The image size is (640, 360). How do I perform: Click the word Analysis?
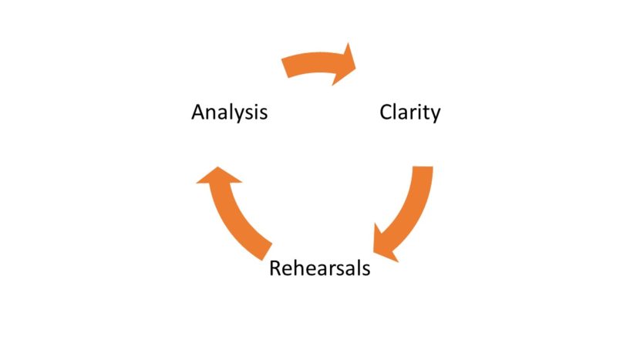[229, 113]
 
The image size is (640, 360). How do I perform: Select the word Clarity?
[409, 113]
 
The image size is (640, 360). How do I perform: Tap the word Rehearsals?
[319, 268]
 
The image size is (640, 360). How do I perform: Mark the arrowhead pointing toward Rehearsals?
[384, 244]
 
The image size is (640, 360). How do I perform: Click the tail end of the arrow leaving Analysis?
[288, 67]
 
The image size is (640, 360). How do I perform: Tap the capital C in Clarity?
[386, 113]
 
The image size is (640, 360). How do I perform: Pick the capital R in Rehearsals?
[275, 268]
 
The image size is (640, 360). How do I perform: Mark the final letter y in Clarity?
[435, 115]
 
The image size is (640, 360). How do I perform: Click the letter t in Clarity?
[425, 113]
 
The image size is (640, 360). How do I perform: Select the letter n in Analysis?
[211, 114]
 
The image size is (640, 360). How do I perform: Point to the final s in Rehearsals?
[365, 270]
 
